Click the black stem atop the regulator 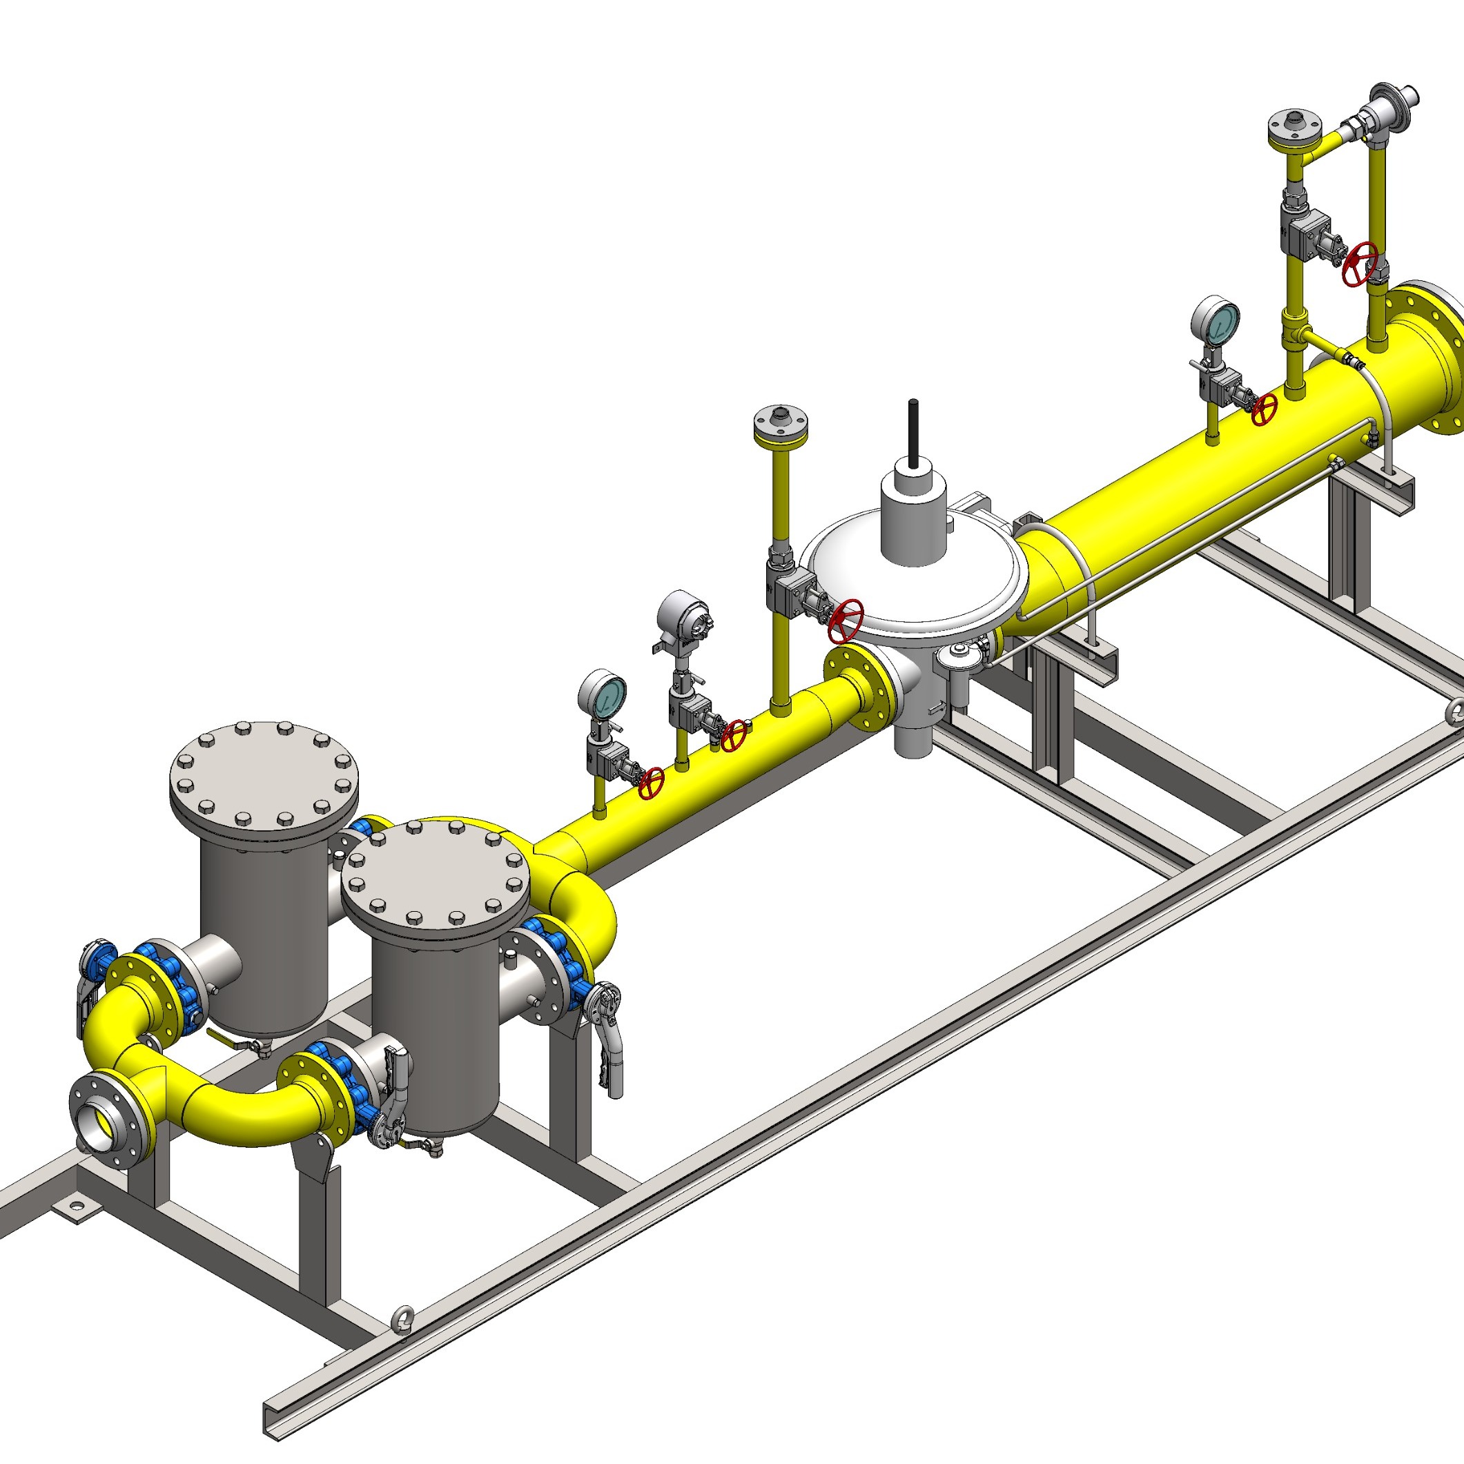(914, 432)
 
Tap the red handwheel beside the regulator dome (846, 619)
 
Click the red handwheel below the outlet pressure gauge (1263, 409)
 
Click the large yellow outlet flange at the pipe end (1428, 356)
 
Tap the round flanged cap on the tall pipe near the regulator (780, 422)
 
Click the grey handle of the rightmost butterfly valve (612, 1046)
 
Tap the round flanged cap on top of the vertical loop (1296, 125)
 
